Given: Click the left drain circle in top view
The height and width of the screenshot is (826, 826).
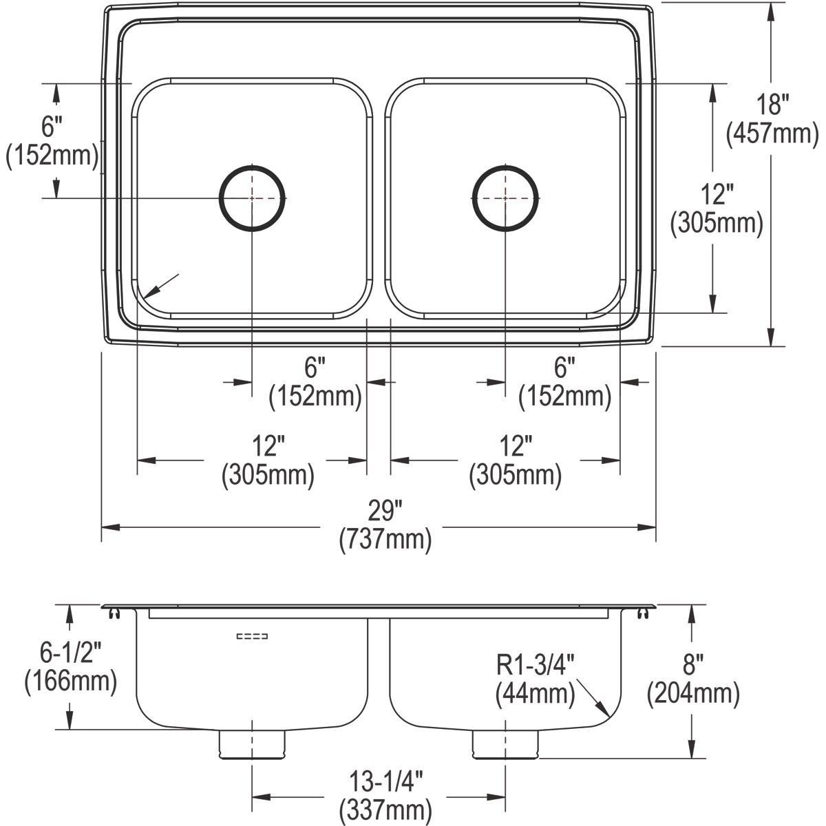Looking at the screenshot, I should pos(252,198).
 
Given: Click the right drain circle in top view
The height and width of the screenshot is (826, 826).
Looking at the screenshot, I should pos(505,198).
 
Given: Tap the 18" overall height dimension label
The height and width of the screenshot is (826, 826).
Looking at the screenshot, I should pos(772,105).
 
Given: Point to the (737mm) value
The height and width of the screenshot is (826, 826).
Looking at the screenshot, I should pos(385,540).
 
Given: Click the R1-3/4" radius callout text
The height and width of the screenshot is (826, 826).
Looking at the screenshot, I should pos(536,666).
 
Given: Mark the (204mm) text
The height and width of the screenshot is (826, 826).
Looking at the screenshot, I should pos(693,695).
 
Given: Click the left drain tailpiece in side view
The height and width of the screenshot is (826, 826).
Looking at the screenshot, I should pos(252,744).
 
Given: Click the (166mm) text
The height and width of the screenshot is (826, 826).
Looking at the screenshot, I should pos(70,682).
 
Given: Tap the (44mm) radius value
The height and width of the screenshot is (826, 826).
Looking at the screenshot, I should pos(535,694).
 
